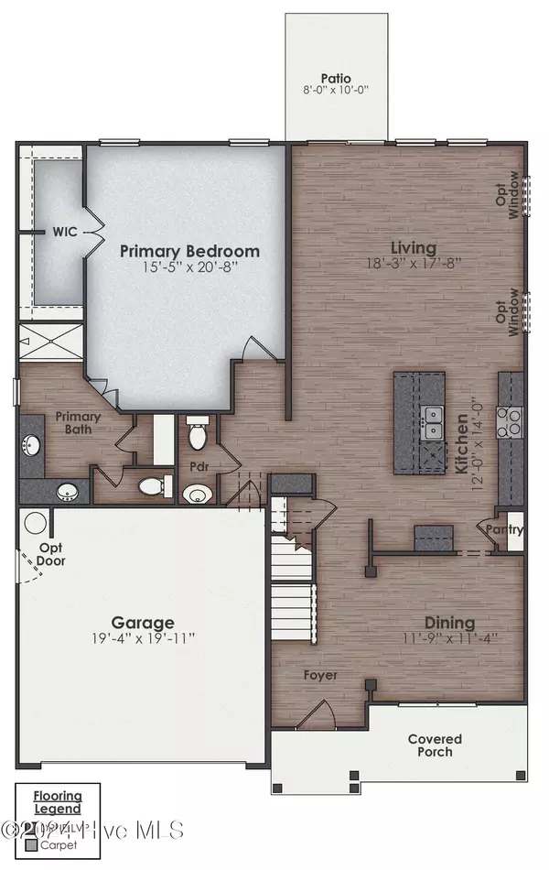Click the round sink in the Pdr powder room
coord(196,495)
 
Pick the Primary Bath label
coord(76,422)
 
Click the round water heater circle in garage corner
coord(35,524)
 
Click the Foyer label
coord(321,675)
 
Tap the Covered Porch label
coord(435,745)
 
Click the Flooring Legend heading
coord(59,802)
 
